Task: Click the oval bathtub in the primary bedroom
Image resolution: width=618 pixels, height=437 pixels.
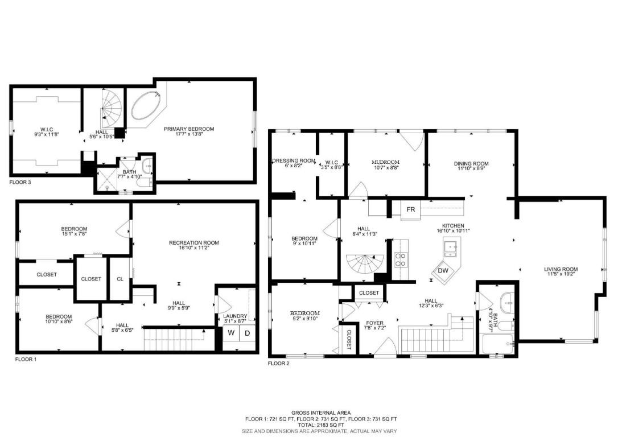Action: pos(146,105)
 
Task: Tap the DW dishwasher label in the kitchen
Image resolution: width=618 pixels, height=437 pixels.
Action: pos(443,271)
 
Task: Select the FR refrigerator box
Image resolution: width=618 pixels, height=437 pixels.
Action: pos(410,209)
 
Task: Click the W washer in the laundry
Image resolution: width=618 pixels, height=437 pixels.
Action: pos(231,332)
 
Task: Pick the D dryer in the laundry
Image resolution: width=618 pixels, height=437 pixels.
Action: pos(248,332)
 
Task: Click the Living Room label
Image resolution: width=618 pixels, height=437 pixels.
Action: pos(561,270)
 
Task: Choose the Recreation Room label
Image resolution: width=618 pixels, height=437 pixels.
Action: pos(193,243)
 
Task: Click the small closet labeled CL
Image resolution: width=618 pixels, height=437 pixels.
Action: pos(120,279)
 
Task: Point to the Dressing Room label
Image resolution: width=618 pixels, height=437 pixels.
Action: pos(293,161)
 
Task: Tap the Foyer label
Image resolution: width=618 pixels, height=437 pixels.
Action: pos(374,322)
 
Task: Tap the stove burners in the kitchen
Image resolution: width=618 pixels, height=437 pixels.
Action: pos(400,259)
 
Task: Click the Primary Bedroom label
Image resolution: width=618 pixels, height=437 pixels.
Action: pos(189,129)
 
